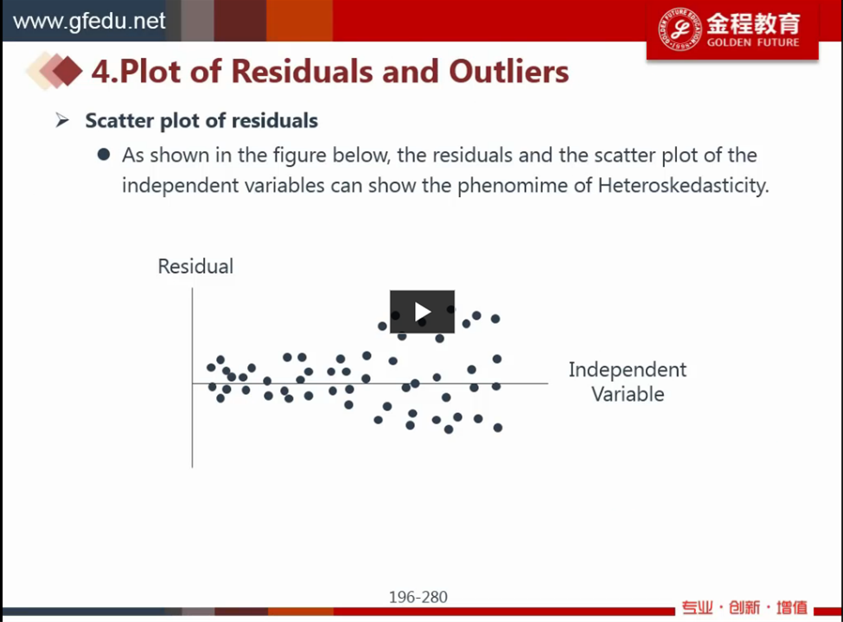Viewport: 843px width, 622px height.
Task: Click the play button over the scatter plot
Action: tap(422, 312)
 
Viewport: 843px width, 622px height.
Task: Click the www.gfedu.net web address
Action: tap(89, 21)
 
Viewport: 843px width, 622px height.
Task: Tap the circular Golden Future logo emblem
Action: tap(680, 29)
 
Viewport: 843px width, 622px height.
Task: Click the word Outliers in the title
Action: tap(508, 72)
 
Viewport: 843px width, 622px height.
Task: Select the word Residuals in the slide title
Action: tap(302, 72)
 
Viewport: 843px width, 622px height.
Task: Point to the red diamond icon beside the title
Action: tap(67, 70)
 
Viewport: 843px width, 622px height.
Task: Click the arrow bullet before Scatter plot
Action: tap(62, 120)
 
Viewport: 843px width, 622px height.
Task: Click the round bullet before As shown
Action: tap(104, 155)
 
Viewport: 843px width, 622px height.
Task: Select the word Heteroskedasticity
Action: tap(683, 186)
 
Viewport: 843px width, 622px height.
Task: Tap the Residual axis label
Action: tap(195, 266)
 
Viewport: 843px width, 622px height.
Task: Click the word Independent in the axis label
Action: tap(628, 370)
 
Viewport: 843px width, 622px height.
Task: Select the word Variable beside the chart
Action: tap(628, 394)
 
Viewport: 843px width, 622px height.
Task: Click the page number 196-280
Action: tap(418, 597)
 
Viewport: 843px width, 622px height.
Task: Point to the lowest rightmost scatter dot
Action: tap(498, 428)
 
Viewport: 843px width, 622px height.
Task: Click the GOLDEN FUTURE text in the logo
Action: tap(753, 42)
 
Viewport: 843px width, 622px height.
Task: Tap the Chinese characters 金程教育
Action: tap(753, 23)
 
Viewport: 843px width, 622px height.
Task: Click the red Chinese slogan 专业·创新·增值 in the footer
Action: tap(744, 607)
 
